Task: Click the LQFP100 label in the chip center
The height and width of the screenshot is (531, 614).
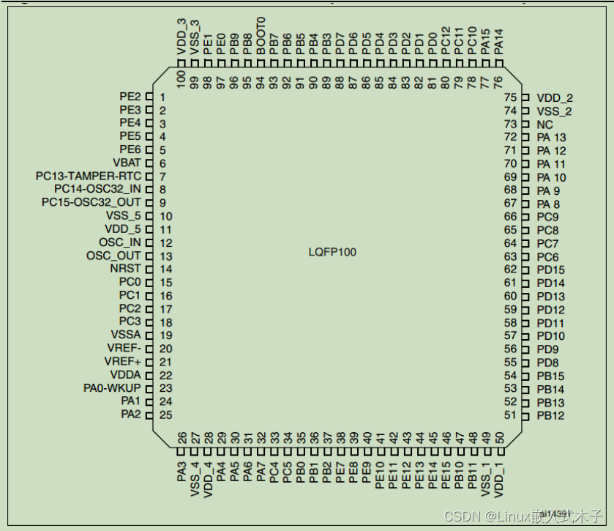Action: coord(332,253)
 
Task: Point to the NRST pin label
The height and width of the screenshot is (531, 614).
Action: coord(125,269)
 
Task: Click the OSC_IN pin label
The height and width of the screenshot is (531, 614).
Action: coord(120,242)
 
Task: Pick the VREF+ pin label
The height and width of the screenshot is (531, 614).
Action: coord(122,362)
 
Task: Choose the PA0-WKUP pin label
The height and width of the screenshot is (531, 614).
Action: coord(112,388)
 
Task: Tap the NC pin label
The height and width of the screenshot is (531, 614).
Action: coord(544,125)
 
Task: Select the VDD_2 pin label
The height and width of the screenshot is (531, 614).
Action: coord(555,97)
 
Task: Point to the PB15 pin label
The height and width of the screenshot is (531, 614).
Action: coord(550,376)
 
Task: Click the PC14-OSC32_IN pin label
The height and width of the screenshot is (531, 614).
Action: coord(97,189)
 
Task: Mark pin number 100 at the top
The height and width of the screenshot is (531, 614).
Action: coord(181,77)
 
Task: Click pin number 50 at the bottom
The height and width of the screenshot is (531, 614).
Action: coord(499,438)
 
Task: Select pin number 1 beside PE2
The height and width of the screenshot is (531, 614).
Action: coord(162,97)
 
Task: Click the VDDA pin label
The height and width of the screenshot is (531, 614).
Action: coord(125,375)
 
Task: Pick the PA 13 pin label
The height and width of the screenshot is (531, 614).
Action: coord(551,138)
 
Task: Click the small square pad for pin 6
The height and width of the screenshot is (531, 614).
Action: coord(149,163)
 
